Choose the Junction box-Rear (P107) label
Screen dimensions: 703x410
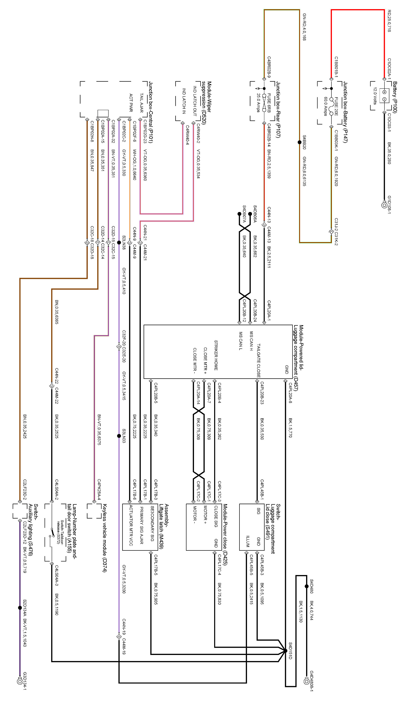coord(278,109)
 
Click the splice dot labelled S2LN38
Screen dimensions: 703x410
coord(119,243)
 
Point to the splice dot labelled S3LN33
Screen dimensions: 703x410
coord(119,436)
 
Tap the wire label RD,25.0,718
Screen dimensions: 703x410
coord(389,21)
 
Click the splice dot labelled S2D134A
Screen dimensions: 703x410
coord(20,608)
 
